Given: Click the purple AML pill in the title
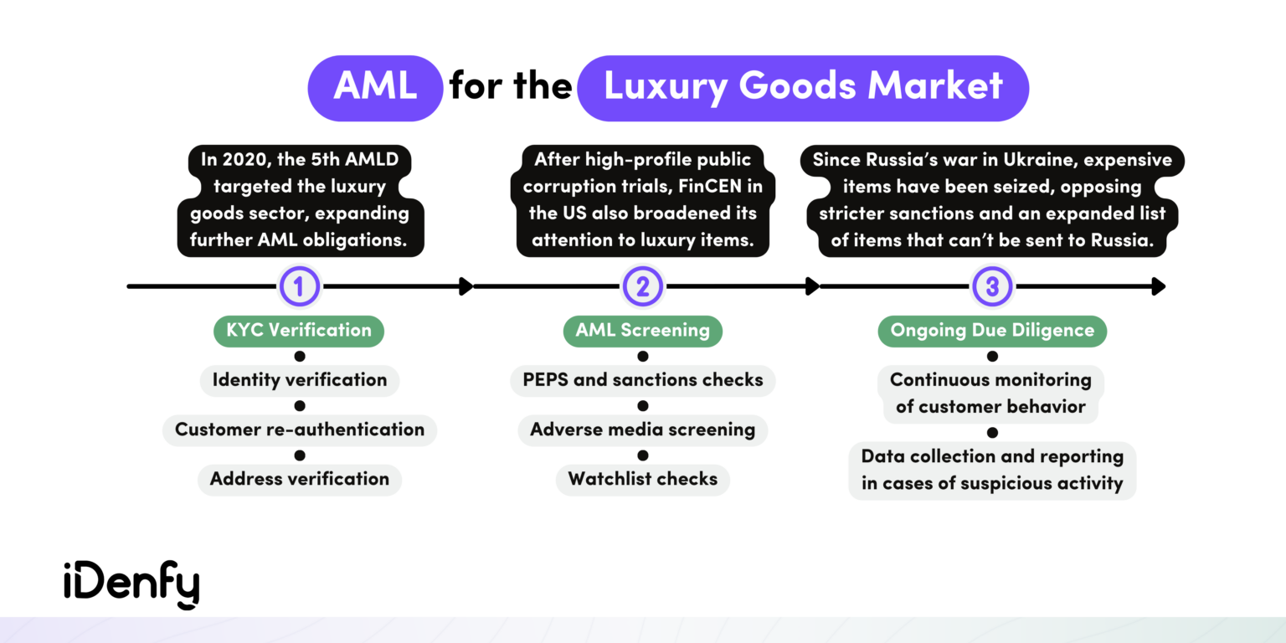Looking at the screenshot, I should tap(375, 88).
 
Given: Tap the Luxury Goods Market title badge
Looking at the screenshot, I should tap(803, 88).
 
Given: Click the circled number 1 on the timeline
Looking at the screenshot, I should tap(300, 287).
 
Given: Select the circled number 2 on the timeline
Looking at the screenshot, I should tap(643, 287).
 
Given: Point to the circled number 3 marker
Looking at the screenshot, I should tap(992, 287).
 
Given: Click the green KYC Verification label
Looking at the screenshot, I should tap(299, 330).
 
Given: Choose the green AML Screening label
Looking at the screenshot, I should tap(642, 330).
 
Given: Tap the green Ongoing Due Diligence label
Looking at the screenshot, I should tap(992, 330).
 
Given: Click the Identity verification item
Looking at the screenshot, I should tap(300, 380).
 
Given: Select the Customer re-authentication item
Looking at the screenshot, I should tap(300, 430).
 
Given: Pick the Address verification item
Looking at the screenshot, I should tap(300, 479).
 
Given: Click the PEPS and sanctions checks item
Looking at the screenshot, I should tap(643, 380).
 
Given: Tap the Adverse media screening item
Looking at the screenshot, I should tap(643, 430).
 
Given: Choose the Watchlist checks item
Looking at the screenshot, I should tap(643, 479).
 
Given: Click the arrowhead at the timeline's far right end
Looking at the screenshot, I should tap(1159, 287).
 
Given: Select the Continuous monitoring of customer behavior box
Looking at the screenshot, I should tap(991, 394).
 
